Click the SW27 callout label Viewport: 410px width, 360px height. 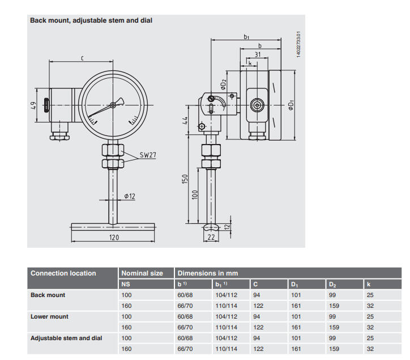coord(148,155)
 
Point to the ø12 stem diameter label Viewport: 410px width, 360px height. coord(130,196)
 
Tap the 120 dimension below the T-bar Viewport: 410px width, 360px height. coord(114,237)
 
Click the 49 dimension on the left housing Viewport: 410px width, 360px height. coord(33,105)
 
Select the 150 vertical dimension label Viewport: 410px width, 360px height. coord(185,179)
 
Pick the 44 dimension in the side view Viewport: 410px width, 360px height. coord(185,120)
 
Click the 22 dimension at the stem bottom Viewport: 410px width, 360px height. coord(211,237)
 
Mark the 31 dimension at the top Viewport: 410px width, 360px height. coord(258,54)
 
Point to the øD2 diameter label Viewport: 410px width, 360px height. coord(223,84)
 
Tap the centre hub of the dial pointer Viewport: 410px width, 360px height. coord(113,105)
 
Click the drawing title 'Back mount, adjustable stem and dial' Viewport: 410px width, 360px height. coord(91,20)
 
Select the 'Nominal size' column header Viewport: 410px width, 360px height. coord(142,273)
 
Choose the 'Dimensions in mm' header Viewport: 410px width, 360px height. coord(208,273)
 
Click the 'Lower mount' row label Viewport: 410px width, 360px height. coord(49,316)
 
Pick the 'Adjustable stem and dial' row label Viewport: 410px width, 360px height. coord(66,338)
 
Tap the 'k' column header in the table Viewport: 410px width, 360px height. coord(369,284)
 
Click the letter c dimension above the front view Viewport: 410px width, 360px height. coord(82,58)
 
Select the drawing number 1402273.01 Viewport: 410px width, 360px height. coord(298,45)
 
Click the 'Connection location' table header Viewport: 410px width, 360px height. coord(63,273)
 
